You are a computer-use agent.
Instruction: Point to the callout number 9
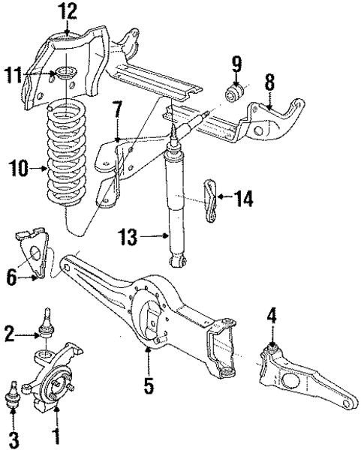pyautogui.click(x=235, y=63)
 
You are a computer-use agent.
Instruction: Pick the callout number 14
pyautogui.click(x=243, y=199)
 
